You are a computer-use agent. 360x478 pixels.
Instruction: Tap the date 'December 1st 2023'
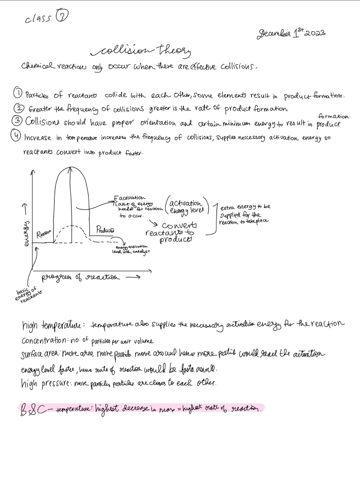pos(291,34)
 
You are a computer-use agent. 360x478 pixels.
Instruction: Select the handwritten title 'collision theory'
pos(141,51)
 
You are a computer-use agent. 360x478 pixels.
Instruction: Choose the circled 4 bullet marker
pos(18,137)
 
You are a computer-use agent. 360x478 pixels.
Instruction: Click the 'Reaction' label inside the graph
pos(44,234)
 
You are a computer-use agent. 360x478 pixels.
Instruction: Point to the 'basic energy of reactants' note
pos(28,296)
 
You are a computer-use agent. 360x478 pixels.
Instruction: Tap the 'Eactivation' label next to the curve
pos(130,198)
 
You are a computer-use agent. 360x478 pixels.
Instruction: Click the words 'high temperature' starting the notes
pos(51,324)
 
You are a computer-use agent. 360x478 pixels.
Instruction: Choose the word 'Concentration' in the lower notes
pos(44,340)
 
